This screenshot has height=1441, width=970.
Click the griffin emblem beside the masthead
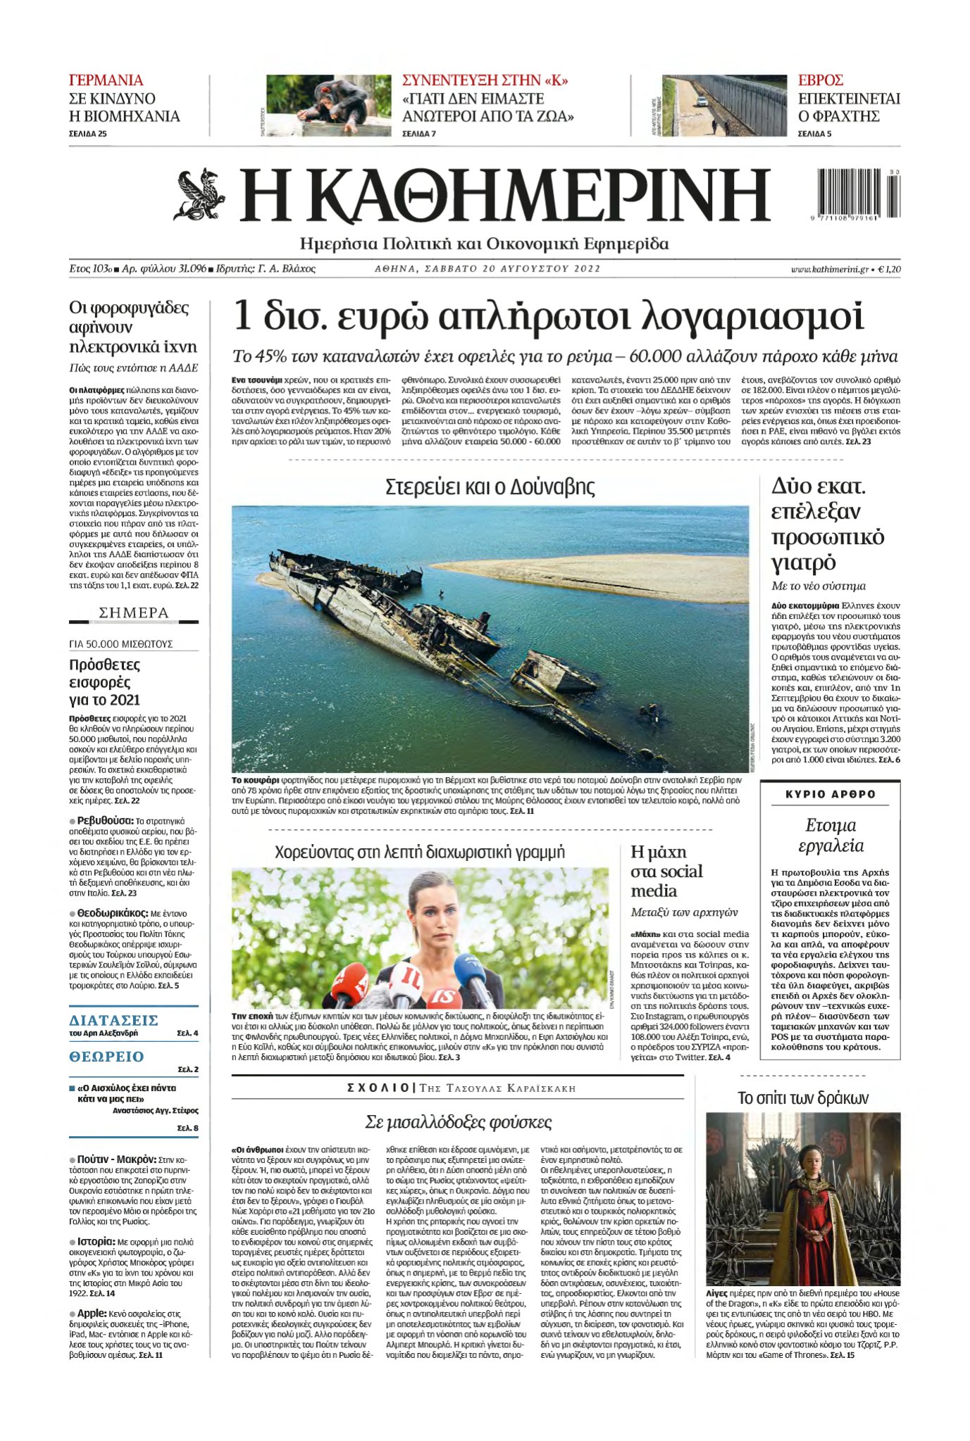click(199, 194)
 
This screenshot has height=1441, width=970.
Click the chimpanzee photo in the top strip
click(328, 106)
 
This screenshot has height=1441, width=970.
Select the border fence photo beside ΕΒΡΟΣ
click(724, 106)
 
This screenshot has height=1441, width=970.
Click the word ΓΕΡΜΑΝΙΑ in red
click(106, 80)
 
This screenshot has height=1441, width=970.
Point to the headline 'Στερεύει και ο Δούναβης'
click(490, 486)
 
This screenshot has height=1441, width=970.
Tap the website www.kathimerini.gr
click(829, 269)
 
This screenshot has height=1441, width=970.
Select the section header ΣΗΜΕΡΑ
click(134, 613)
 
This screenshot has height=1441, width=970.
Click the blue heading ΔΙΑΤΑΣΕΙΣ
click(113, 1021)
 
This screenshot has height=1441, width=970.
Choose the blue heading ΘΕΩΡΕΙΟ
click(106, 1057)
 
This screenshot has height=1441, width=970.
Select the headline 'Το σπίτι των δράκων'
click(802, 1098)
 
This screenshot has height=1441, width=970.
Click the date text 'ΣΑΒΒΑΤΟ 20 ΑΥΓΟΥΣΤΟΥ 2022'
click(487, 269)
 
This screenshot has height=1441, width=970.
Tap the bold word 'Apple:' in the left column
click(92, 1313)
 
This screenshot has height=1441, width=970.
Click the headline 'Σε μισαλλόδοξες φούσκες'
click(458, 1122)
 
